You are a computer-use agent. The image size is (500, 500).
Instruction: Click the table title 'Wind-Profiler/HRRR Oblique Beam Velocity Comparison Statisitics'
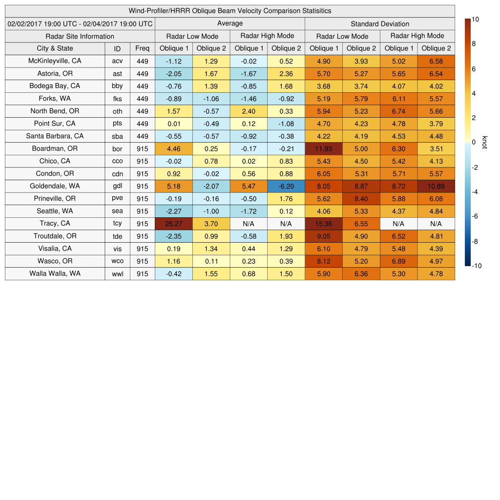(x=230, y=11)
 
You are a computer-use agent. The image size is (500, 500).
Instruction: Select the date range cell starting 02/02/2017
(x=80, y=23)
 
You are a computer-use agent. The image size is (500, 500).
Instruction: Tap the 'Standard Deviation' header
(x=380, y=24)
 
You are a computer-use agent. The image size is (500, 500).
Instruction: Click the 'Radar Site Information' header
(x=80, y=36)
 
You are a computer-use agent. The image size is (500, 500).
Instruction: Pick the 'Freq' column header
(x=143, y=48)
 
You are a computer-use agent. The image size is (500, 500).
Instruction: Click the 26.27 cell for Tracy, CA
(x=173, y=224)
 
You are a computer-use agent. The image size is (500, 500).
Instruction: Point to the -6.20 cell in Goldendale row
(x=286, y=186)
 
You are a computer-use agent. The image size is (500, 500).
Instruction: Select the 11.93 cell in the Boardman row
(x=323, y=148)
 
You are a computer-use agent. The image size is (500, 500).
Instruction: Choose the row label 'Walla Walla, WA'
(x=55, y=273)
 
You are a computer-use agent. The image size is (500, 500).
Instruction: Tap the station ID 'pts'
(x=117, y=124)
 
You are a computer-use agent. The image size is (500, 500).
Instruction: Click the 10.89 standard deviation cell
(x=436, y=186)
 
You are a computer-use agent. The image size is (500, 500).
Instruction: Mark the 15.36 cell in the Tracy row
(x=323, y=224)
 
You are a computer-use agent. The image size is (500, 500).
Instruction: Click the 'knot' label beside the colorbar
(x=484, y=142)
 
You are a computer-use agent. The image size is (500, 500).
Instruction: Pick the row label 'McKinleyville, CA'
(x=55, y=61)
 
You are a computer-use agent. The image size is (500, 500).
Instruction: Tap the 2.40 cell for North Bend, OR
(x=249, y=111)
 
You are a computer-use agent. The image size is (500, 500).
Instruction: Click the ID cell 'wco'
(x=117, y=261)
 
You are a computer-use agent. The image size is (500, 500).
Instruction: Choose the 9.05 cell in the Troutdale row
(x=323, y=236)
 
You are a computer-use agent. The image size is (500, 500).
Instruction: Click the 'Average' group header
(x=230, y=23)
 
